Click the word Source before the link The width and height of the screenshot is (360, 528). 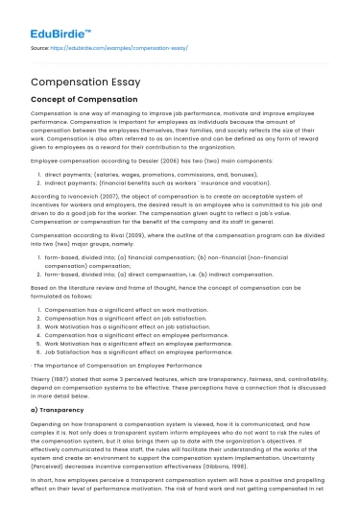(x=40, y=46)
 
